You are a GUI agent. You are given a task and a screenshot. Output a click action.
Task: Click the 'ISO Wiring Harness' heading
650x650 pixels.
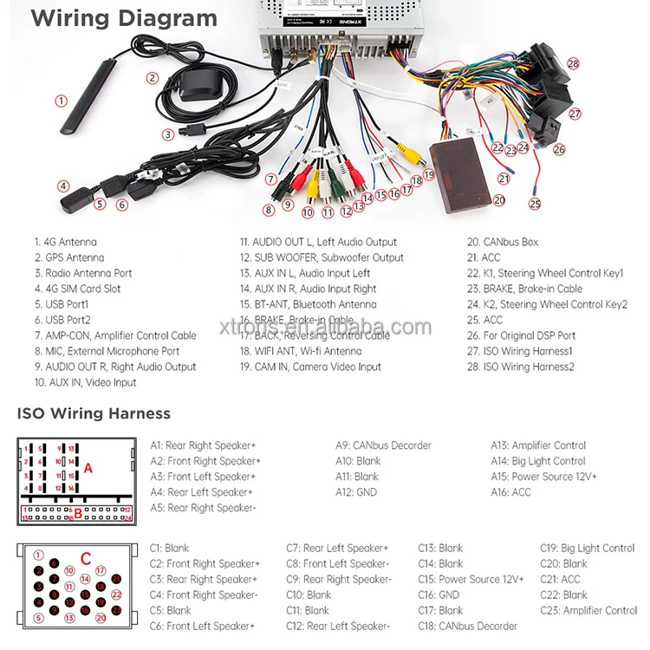coord(94,413)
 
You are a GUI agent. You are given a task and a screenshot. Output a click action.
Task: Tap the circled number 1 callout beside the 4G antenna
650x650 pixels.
coord(61,101)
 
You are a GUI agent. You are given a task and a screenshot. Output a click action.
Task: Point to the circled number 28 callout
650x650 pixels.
coord(573,63)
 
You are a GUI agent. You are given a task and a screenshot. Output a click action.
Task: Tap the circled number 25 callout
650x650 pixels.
coord(535,204)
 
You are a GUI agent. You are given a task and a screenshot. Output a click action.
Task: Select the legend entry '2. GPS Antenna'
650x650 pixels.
coord(69,258)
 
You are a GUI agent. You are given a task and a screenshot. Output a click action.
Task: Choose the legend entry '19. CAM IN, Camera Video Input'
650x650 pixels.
coord(310,367)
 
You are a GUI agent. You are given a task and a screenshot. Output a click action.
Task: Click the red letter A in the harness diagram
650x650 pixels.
coord(88,468)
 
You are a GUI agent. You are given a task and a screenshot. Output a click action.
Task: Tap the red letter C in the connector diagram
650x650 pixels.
coord(85,557)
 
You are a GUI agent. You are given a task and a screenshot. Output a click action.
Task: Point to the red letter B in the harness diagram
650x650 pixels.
coord(77,513)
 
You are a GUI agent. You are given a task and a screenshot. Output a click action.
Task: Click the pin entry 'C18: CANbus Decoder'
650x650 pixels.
coord(467,627)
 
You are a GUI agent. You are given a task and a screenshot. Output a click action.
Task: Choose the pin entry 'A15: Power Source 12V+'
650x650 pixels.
coord(543,477)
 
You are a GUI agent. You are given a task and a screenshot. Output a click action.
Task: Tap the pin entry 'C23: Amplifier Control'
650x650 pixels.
coord(588,611)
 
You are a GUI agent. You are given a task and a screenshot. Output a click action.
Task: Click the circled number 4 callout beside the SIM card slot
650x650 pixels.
coord(63,185)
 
